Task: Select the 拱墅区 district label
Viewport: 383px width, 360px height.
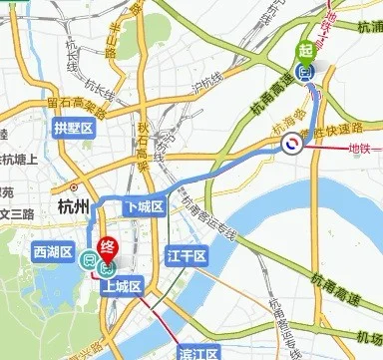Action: tap(73, 128)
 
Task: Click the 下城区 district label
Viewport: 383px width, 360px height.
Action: tap(143, 205)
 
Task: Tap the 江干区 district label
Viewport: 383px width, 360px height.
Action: tap(187, 257)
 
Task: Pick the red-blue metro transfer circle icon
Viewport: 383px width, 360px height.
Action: tap(291, 146)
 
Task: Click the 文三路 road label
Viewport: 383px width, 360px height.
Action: tap(16, 212)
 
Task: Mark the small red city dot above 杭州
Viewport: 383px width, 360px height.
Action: tap(75, 186)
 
